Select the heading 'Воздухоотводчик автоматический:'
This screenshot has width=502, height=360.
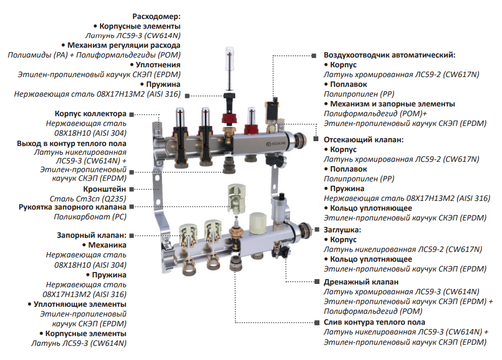[389, 55]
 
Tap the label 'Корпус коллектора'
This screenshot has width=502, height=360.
[90, 114]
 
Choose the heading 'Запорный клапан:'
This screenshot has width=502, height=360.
[91, 235]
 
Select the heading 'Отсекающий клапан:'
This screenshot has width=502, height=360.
[363, 140]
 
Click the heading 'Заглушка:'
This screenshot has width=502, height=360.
[342, 230]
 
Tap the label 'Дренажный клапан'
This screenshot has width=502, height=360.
[361, 282]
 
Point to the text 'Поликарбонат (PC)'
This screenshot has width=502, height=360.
[90, 217]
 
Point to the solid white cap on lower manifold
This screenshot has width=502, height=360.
[256, 222]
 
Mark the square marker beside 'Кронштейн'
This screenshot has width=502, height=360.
[132, 188]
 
